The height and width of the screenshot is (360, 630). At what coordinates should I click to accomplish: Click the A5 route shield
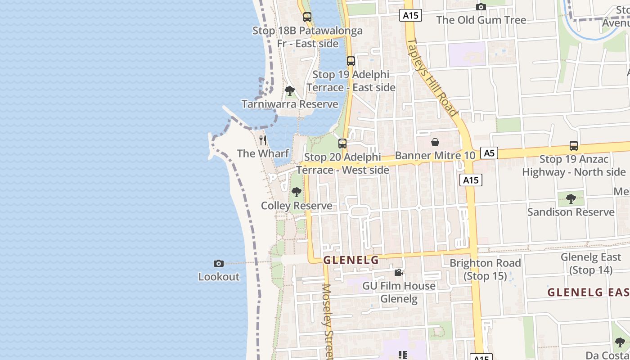coord(489,153)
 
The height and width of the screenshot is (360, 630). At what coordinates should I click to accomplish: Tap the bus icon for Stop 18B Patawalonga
coord(307,17)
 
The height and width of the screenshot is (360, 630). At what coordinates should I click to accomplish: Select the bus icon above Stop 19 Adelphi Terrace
coord(351,61)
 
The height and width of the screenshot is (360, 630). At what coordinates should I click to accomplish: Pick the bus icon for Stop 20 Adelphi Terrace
coord(342,144)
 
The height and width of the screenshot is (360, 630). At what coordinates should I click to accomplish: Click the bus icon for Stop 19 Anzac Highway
coord(573,145)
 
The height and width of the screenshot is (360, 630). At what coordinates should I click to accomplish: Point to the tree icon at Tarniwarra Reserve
coord(290,91)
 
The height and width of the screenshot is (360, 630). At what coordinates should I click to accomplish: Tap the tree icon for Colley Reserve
coord(296,193)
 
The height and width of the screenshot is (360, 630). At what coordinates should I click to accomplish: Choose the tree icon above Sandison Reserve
coord(571,198)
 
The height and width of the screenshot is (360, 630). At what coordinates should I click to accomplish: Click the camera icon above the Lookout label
coord(218,263)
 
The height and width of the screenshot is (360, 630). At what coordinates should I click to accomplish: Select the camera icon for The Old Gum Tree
coord(481,7)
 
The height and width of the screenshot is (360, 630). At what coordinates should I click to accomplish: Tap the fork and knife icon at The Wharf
coord(263,140)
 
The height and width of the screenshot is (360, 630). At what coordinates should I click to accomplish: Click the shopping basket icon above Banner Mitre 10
coord(435,143)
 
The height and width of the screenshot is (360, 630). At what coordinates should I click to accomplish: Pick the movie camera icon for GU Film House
coord(398,272)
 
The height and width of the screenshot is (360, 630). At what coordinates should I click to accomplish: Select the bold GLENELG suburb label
coord(351,260)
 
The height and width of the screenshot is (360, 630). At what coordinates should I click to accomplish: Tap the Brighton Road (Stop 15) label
coord(485,269)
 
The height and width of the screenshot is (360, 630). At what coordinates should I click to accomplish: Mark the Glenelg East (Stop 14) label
coord(590,264)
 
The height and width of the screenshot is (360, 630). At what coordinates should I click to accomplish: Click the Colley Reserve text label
coord(297,206)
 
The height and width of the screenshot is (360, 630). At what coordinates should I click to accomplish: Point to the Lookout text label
coord(219,277)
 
